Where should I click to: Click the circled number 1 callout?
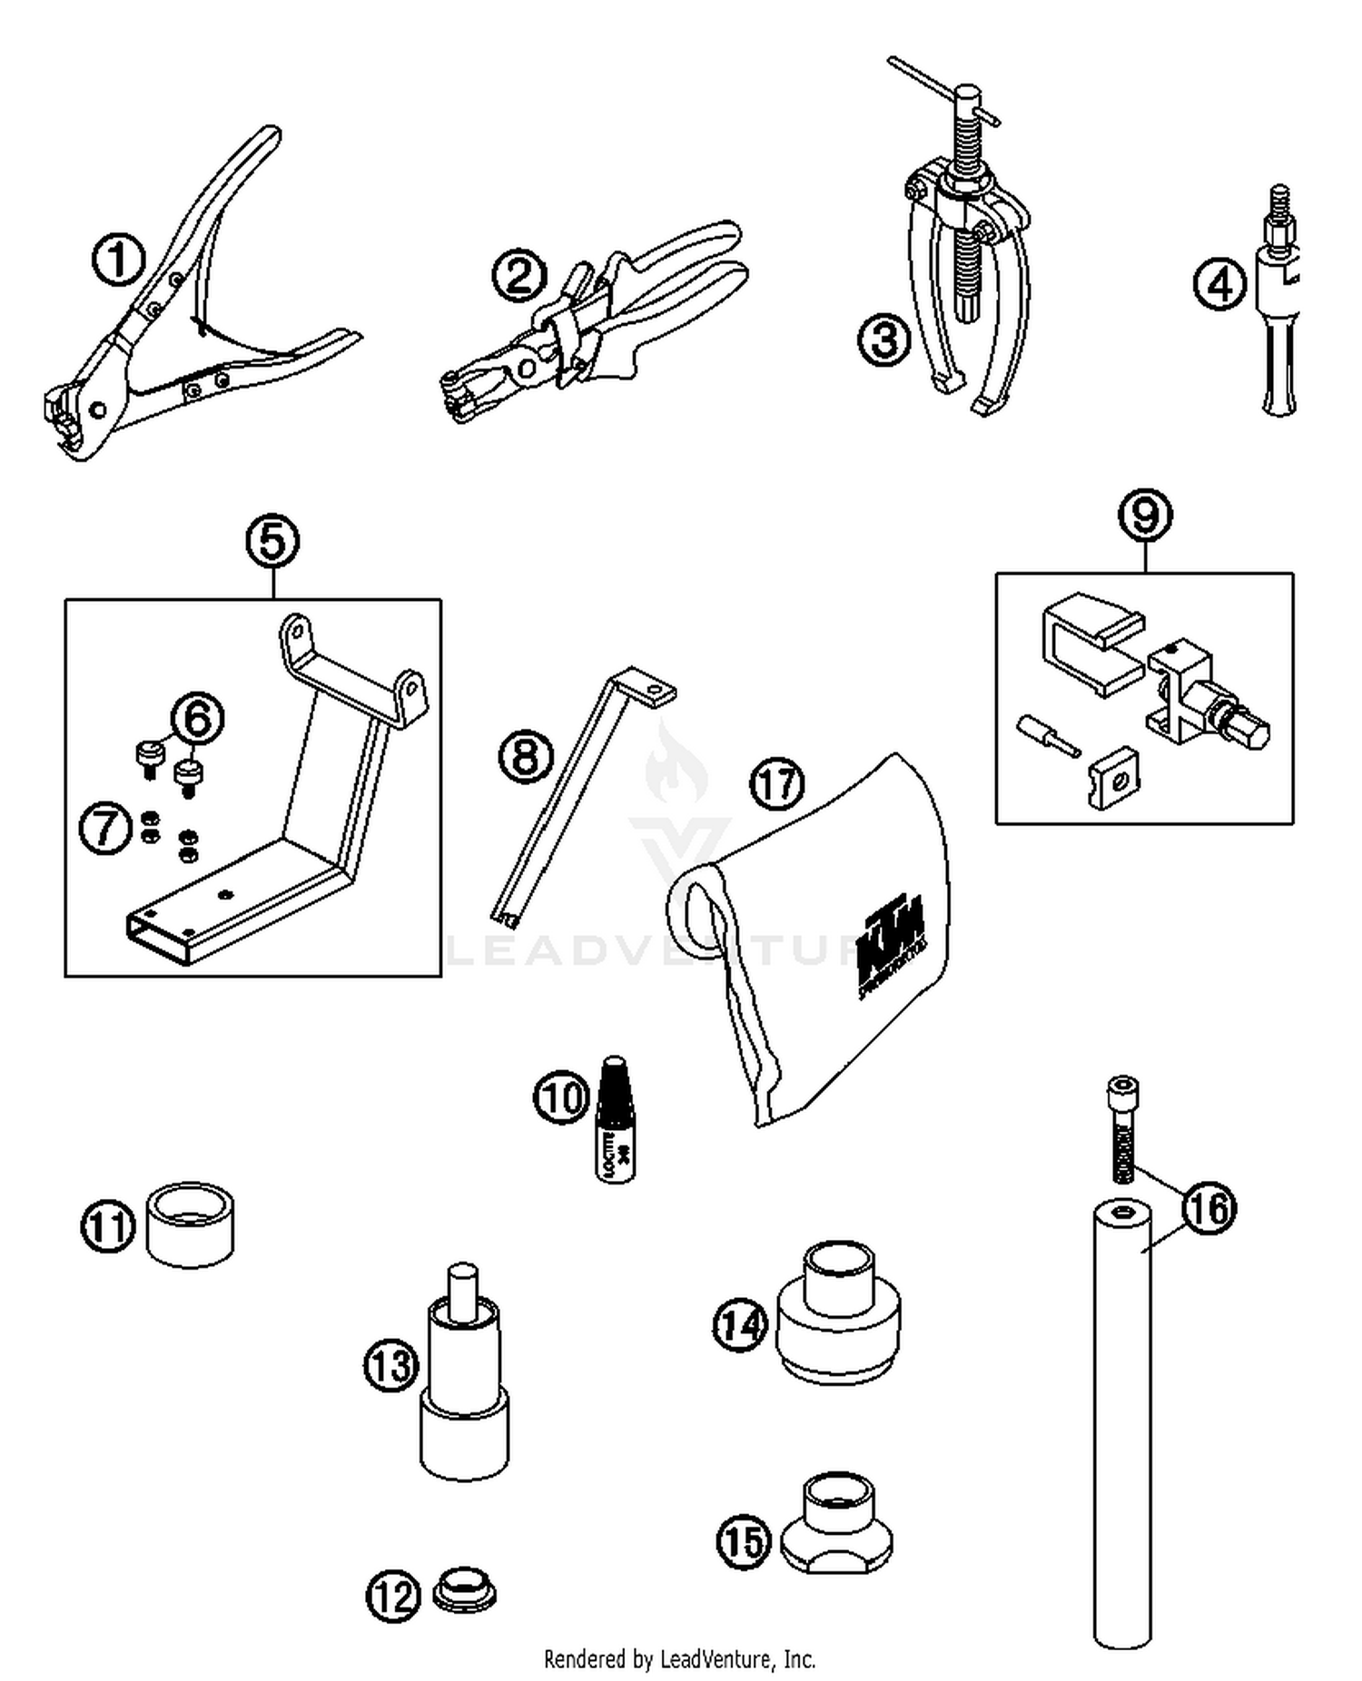tap(119, 261)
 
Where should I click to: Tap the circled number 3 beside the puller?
tap(883, 340)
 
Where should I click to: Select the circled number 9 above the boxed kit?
tap(1145, 515)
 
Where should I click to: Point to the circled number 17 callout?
tap(777, 784)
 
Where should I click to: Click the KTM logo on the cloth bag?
tap(890, 944)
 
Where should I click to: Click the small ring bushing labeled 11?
tap(190, 1224)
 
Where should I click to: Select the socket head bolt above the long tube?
tap(1123, 1129)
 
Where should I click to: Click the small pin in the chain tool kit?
tap(1047, 732)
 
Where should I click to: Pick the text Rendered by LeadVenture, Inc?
tap(679, 1659)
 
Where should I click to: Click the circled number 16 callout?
tap(1209, 1208)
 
